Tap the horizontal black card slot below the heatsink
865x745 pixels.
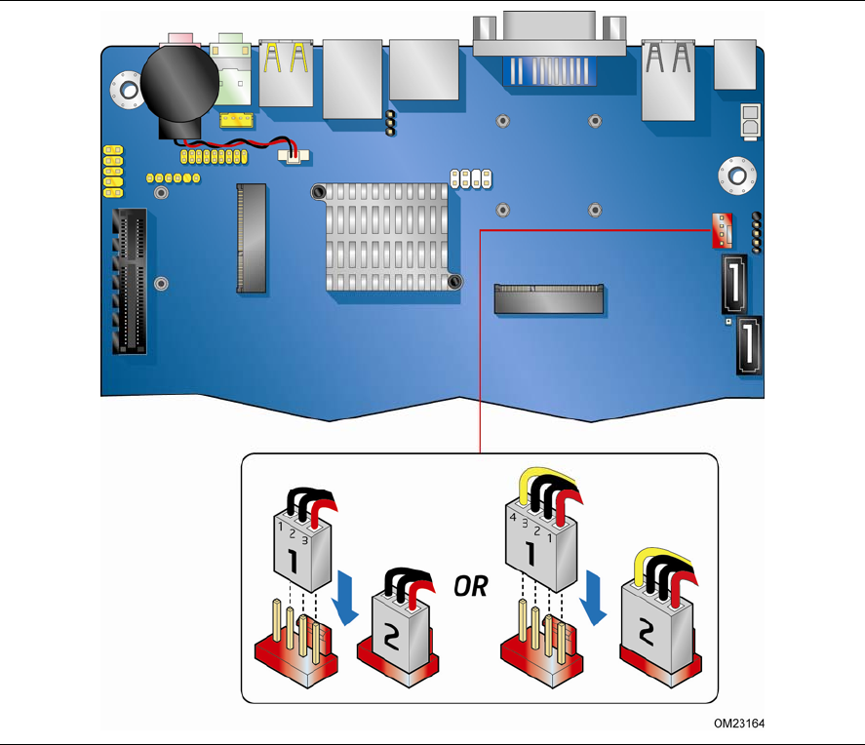[548, 298]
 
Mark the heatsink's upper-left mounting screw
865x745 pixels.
[318, 192]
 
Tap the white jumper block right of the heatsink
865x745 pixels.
[471, 177]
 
